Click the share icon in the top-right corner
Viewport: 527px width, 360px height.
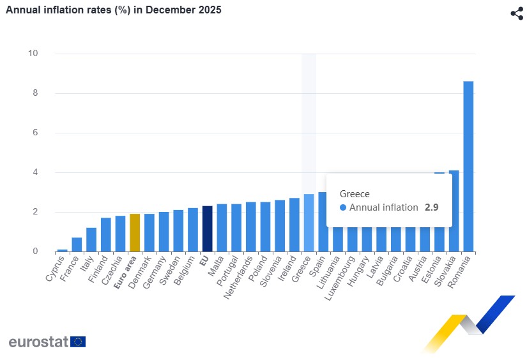point(517,13)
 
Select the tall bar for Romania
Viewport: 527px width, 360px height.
point(468,166)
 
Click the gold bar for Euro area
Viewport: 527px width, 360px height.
point(135,232)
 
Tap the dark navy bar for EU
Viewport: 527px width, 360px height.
point(207,229)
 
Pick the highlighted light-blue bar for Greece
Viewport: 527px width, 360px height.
point(309,223)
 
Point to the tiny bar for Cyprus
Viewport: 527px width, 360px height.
point(62,250)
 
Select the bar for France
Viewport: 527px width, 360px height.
point(77,244)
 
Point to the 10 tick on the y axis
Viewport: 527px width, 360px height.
point(33,54)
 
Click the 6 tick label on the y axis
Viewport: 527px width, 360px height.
point(35,133)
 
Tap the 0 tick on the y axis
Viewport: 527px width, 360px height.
point(35,251)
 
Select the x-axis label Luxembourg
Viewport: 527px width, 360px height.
point(344,279)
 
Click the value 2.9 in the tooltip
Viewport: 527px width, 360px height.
point(432,207)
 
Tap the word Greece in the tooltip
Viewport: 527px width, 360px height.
point(355,193)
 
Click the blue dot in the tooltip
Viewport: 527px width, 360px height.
point(343,207)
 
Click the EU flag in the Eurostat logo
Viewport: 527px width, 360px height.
point(78,341)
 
